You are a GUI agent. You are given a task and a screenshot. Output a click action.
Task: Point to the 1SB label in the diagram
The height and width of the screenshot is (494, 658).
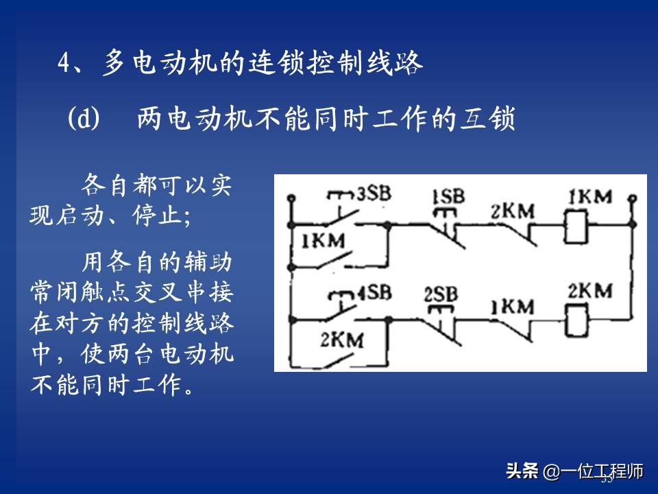tap(448, 197)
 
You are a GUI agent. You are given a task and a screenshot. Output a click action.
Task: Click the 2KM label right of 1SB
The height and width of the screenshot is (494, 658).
tap(512, 212)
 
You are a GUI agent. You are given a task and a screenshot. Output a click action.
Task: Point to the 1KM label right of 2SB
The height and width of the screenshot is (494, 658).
tap(511, 306)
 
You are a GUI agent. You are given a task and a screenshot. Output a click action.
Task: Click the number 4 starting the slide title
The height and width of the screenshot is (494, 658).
tap(64, 64)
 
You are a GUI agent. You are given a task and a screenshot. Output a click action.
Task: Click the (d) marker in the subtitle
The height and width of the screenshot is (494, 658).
tap(84, 119)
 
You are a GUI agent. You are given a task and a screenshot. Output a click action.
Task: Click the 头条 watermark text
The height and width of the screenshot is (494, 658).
tap(522, 472)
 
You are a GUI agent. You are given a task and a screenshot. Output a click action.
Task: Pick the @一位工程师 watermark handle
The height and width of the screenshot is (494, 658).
tap(594, 472)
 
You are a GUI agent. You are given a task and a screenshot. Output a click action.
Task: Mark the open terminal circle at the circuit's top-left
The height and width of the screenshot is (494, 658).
tap(291, 197)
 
